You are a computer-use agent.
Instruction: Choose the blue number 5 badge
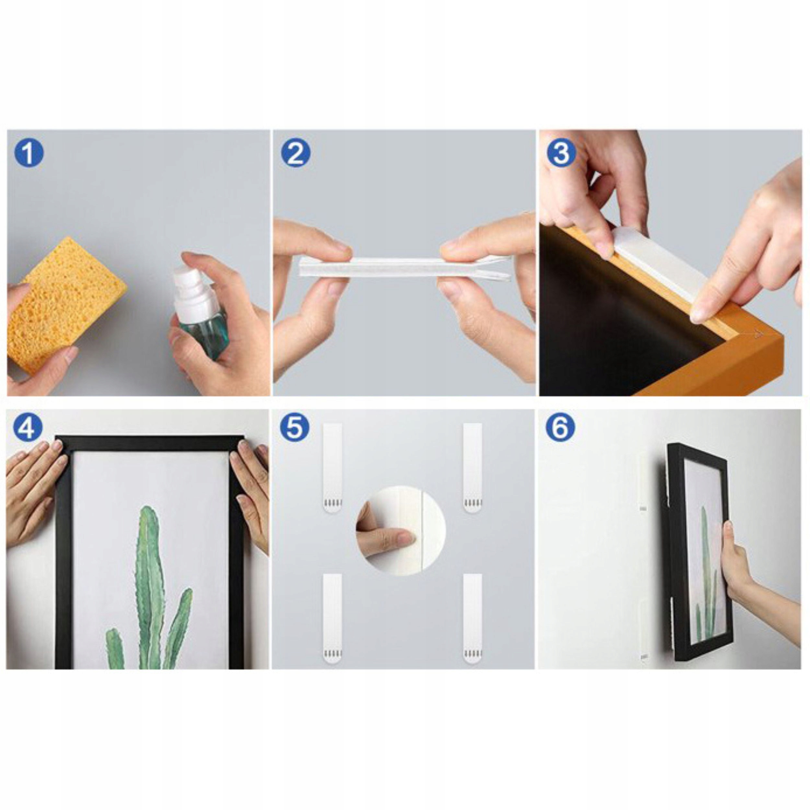[295, 427]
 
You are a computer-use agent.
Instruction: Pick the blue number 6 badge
[561, 427]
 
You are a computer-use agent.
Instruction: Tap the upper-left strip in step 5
[332, 468]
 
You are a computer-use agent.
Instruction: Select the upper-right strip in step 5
[472, 468]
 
